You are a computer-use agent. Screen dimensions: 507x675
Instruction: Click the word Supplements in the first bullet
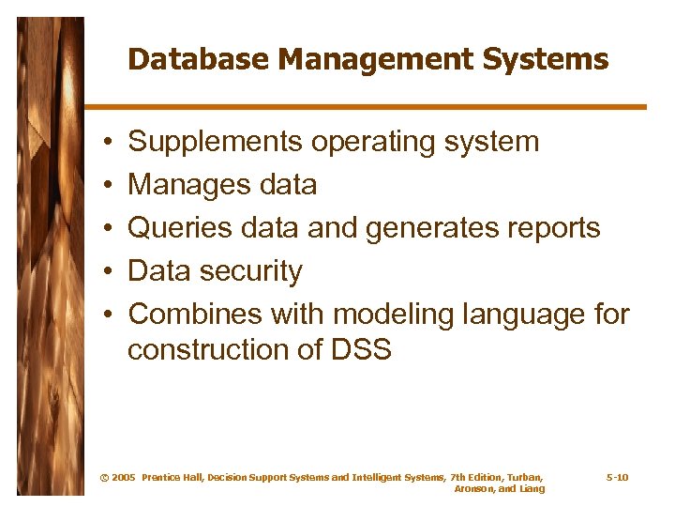click(216, 143)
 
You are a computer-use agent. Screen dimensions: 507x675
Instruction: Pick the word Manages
click(178, 185)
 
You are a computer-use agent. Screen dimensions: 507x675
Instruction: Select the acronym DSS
click(361, 350)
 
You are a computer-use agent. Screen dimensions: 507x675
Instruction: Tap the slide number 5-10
click(617, 478)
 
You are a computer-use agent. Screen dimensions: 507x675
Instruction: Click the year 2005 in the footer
click(123, 478)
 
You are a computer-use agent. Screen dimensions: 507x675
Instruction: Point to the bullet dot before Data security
click(110, 272)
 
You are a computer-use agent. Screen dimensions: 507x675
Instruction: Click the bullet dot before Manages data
click(110, 186)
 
